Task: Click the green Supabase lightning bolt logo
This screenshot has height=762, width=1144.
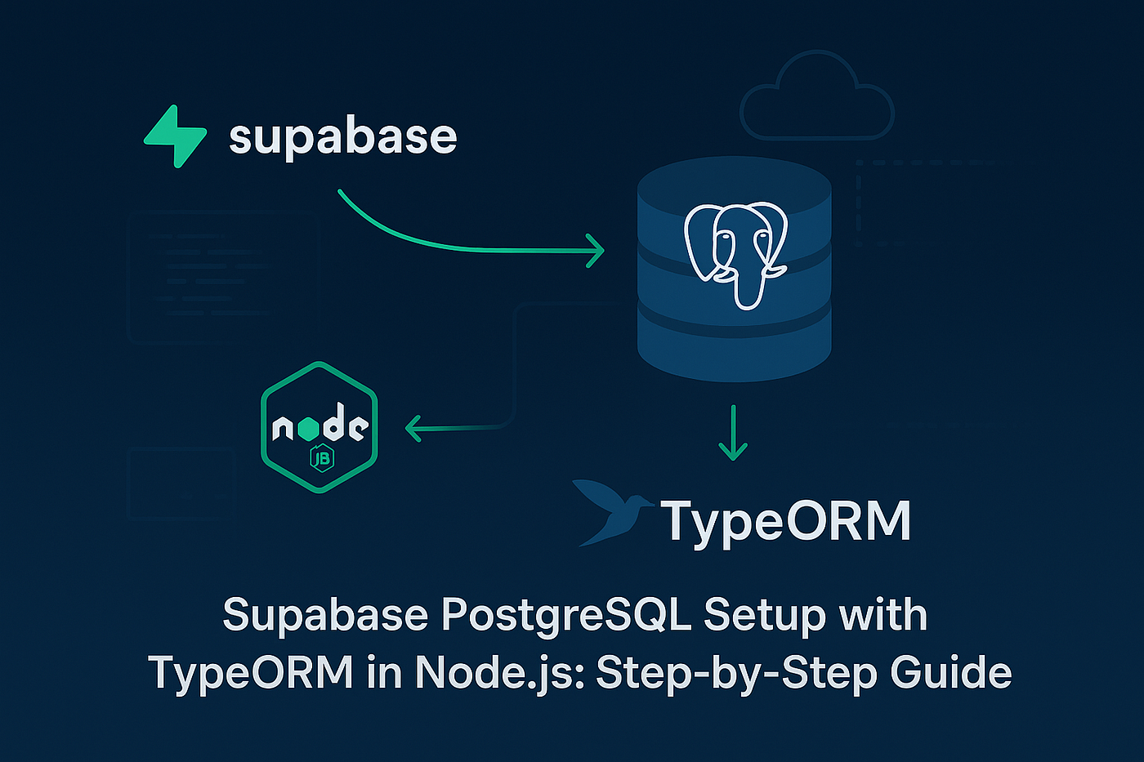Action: tap(175, 136)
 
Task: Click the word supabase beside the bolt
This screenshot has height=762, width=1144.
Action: tap(342, 137)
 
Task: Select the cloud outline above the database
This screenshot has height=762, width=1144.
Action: tap(816, 98)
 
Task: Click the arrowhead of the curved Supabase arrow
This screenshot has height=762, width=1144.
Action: tap(597, 250)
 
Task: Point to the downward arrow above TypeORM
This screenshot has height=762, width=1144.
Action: tap(733, 433)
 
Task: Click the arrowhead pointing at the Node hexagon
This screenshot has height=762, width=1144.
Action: tap(413, 427)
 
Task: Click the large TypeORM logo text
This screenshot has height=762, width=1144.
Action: tap(786, 520)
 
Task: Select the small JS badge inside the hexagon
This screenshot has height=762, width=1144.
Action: tap(321, 459)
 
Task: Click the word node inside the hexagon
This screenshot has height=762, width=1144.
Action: tap(320, 426)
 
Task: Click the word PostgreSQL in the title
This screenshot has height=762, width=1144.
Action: tap(566, 615)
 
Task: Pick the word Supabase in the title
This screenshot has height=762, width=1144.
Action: tap(325, 615)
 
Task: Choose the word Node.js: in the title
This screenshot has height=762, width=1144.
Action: tap(499, 673)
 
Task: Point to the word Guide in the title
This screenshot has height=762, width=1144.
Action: tap(950, 673)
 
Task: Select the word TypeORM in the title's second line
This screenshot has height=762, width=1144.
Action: tap(251, 673)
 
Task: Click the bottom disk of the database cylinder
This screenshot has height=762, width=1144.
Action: tap(733, 347)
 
